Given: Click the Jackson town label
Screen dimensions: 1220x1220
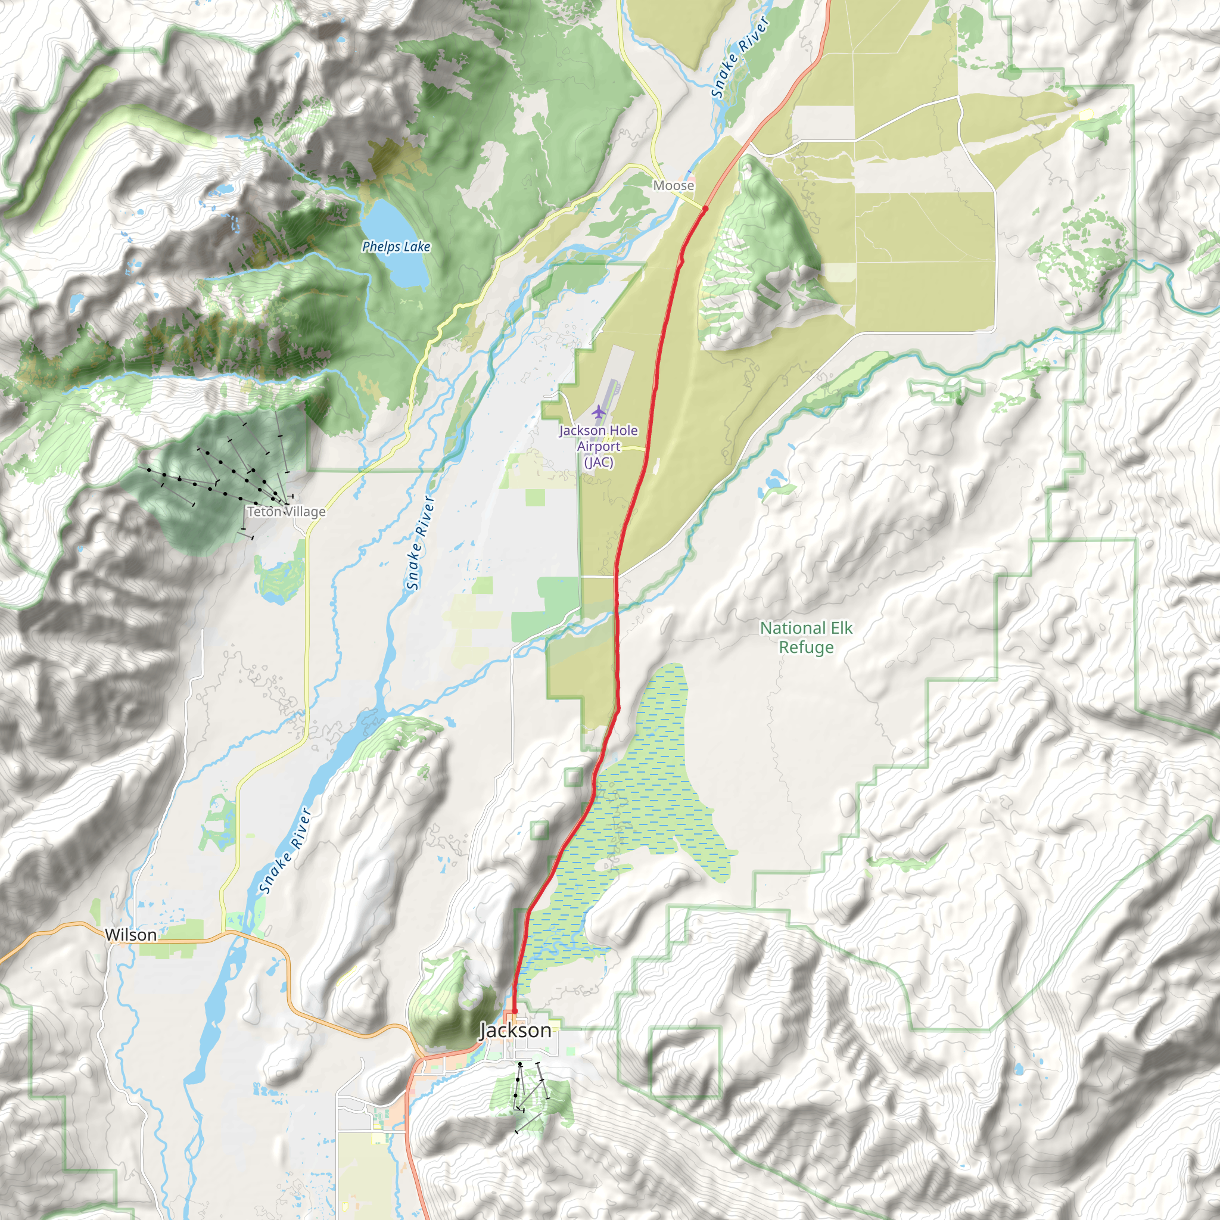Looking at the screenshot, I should tap(515, 1031).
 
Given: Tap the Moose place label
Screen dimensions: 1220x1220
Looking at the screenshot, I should tap(673, 186).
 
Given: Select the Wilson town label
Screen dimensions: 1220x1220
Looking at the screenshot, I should tap(130, 935).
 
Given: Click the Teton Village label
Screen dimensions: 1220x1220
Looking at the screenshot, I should tap(286, 512).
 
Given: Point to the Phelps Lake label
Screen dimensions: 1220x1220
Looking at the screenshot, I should tap(396, 247).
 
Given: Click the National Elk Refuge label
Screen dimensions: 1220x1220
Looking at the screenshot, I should tap(806, 637).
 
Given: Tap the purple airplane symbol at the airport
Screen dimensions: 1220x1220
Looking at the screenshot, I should tap(598, 412).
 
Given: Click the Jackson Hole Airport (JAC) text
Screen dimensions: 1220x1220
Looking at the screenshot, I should tap(598, 446).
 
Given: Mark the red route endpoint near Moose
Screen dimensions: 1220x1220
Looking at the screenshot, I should tap(705, 208).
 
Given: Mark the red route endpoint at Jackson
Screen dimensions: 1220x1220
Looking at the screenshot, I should tap(515, 1011).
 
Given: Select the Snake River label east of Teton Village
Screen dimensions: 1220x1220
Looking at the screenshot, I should tap(421, 543).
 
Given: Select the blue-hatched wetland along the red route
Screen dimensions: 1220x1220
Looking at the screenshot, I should tap(651, 789).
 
